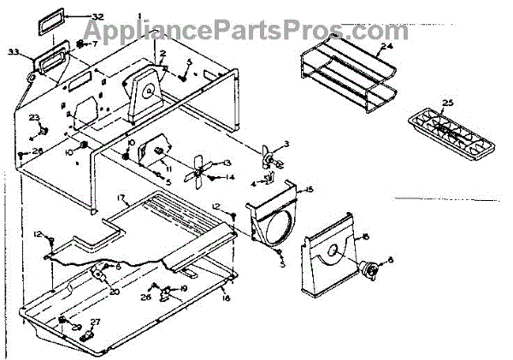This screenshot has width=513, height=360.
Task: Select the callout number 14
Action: [229, 177]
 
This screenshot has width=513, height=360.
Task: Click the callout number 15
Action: [310, 189]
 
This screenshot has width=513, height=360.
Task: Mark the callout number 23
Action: [34, 117]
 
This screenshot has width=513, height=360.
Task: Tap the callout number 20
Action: [115, 291]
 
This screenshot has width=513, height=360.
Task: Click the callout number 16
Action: [226, 298]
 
